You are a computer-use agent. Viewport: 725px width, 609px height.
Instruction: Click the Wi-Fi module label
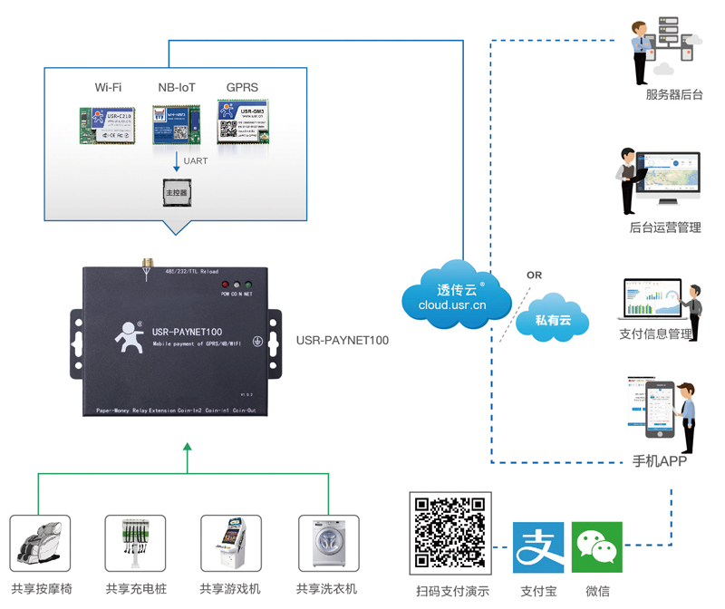pyautogui.click(x=108, y=88)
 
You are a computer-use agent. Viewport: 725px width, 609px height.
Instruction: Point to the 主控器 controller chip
pyautogui.click(x=175, y=192)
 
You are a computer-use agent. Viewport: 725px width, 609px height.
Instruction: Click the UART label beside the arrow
pyautogui.click(x=196, y=161)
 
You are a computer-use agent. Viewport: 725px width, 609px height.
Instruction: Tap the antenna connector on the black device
pyautogui.click(x=144, y=265)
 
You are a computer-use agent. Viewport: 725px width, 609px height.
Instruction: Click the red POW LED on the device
pyautogui.click(x=225, y=285)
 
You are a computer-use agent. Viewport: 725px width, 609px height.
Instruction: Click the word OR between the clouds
pyautogui.click(x=534, y=275)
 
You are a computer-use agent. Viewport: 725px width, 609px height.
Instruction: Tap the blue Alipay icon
pyautogui.click(x=538, y=546)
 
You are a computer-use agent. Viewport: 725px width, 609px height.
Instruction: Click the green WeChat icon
pyautogui.click(x=597, y=546)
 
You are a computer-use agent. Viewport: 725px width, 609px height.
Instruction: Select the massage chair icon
pyautogui.click(x=40, y=545)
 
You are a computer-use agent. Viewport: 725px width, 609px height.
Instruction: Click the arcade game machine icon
pyautogui.click(x=230, y=545)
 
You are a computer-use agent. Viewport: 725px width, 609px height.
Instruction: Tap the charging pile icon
pyautogui.click(x=135, y=545)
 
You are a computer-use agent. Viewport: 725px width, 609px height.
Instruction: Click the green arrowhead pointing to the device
pyautogui.click(x=188, y=446)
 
